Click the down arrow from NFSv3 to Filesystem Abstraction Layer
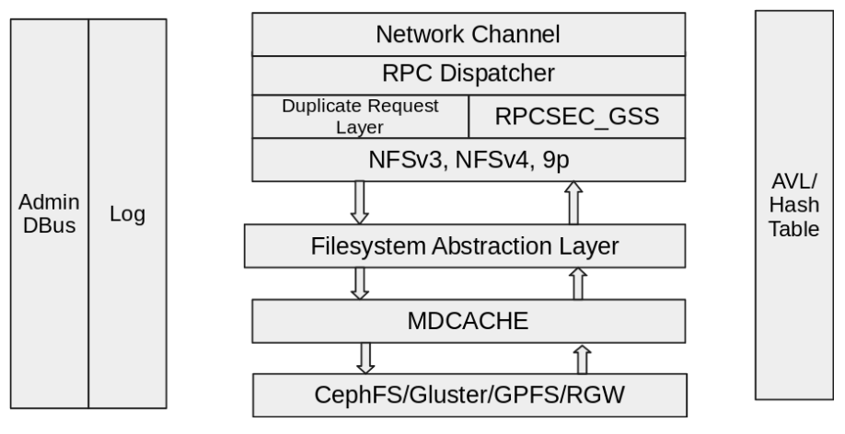[360, 201]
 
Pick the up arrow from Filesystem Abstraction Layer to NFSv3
[576, 201]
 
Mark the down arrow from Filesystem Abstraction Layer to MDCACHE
[360, 282]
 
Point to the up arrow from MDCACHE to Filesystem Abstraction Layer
[577, 282]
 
